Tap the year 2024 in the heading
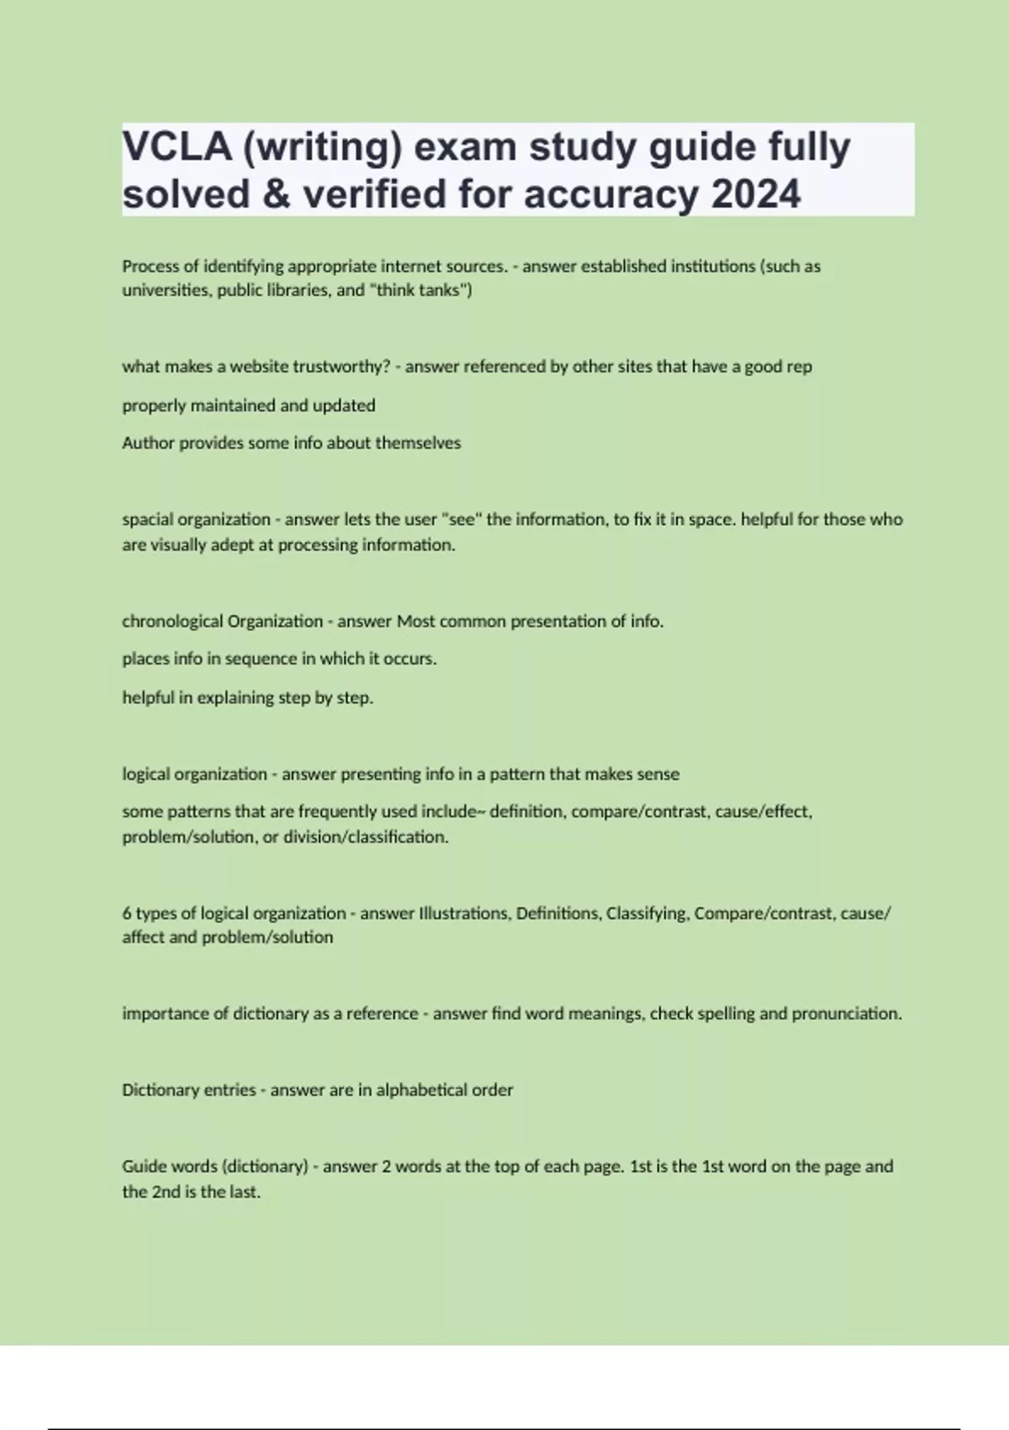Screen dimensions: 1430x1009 click(756, 194)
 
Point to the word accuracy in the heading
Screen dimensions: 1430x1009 click(611, 194)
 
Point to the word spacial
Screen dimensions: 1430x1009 click(146, 520)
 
